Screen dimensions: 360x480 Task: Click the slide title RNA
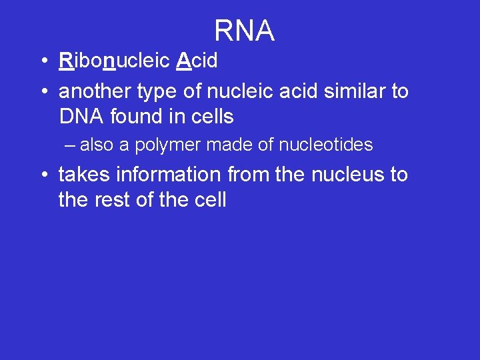pos(244,31)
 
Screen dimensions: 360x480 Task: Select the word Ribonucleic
pos(115,61)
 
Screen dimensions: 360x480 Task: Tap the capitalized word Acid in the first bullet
pos(197,61)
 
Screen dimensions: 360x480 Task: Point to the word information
pos(168,175)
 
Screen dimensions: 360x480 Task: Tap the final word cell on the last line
pos(210,200)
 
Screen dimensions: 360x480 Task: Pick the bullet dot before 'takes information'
pos(43,175)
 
